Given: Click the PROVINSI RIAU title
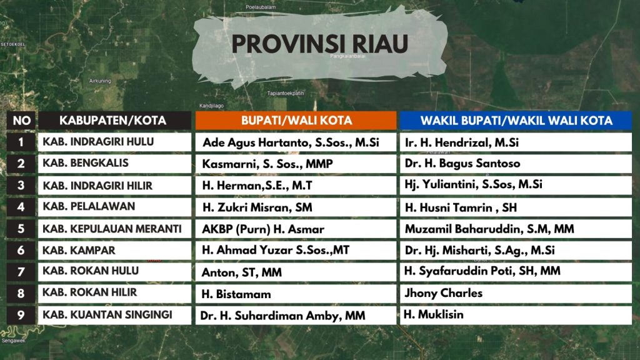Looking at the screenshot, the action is click(x=319, y=44).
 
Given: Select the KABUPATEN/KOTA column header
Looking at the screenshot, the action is click(x=115, y=121).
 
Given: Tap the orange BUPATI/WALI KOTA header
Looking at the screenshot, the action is click(x=296, y=121).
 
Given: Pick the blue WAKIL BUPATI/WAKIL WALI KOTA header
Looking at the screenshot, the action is click(x=516, y=121).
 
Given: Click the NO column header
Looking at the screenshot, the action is click(x=21, y=121).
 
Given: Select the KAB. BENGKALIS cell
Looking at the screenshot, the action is click(x=115, y=164).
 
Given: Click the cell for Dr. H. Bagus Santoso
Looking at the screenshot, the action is click(x=516, y=164).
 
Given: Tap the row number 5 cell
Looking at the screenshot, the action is click(x=21, y=229).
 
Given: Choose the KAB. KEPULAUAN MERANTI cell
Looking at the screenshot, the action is click(x=115, y=229).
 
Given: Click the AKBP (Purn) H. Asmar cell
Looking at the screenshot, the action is click(x=296, y=229).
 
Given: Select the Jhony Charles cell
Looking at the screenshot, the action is click(x=516, y=294).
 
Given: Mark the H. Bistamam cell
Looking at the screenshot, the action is click(x=296, y=294).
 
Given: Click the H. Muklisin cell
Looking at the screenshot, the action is click(x=516, y=315).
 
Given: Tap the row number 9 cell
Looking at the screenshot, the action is click(x=21, y=315).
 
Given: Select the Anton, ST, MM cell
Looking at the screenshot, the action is click(x=296, y=272).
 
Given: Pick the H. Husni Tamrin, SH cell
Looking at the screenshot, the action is click(x=516, y=207).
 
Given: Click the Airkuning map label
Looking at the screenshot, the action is click(x=100, y=81).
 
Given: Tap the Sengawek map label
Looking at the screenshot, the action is click(x=14, y=341).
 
